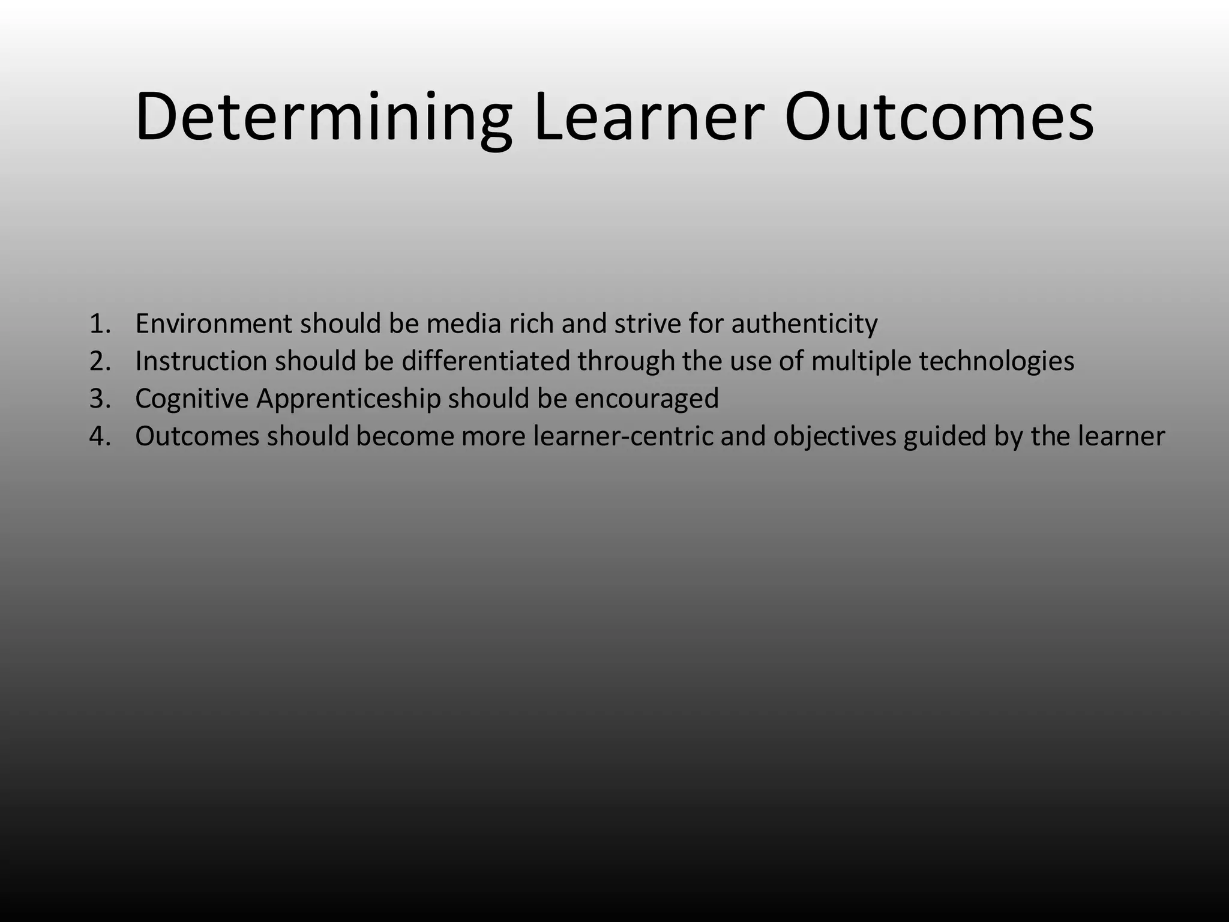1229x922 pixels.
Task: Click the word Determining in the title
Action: pos(323,117)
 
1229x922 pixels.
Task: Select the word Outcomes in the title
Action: pos(939,117)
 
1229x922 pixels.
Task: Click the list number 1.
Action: pos(100,324)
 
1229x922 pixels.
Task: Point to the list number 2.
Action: pos(100,361)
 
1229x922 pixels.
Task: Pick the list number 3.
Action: pos(100,399)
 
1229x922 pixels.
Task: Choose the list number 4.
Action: pos(100,436)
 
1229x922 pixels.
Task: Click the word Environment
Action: pos(213,324)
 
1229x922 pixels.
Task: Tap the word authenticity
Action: pos(804,324)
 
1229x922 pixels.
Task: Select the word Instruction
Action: pos(201,361)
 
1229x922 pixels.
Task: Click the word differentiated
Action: pos(485,361)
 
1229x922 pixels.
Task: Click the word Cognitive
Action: pos(191,399)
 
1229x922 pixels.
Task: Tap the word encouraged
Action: pos(646,399)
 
